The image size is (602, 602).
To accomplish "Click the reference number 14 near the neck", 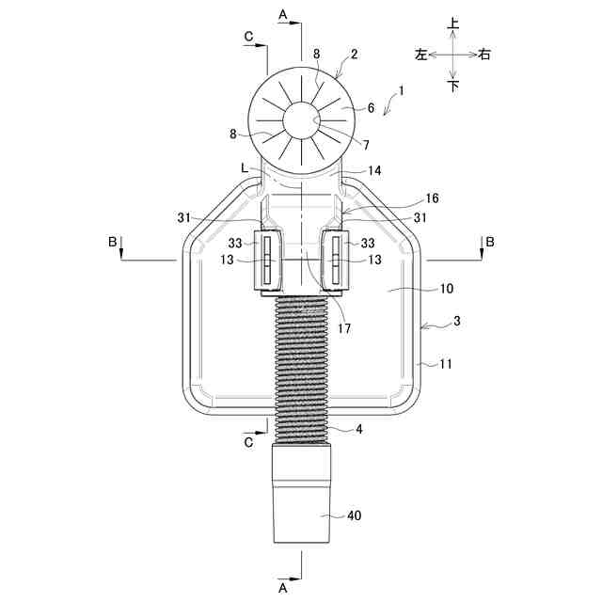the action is click(x=374, y=171).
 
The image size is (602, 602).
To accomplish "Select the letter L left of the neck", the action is click(x=245, y=167).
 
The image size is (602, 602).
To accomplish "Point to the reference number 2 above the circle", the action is click(x=354, y=55).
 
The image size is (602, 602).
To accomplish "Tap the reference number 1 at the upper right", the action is click(x=402, y=91).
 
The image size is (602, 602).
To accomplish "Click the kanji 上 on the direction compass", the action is click(x=453, y=23).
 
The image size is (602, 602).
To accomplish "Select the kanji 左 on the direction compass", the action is click(x=420, y=55).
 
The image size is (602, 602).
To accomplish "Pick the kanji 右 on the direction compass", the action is click(x=484, y=55).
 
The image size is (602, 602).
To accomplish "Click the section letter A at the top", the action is click(x=282, y=15).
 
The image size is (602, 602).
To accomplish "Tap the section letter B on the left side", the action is click(x=113, y=243).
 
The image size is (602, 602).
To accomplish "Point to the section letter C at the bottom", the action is click(x=247, y=439).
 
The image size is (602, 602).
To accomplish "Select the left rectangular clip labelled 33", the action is click(x=268, y=260).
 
